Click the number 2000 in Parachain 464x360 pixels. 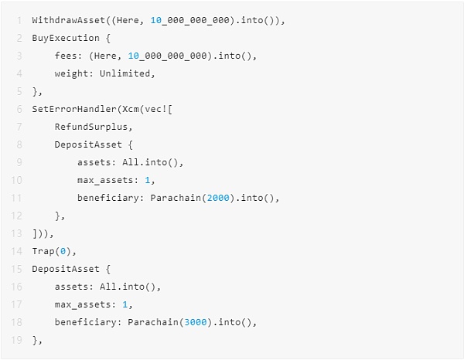(219, 198)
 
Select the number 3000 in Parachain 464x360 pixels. (196, 322)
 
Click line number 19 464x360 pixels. (17, 340)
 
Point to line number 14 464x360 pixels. (17, 251)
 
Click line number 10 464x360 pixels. (17, 180)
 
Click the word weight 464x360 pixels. (71, 73)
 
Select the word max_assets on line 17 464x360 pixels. (83, 304)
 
